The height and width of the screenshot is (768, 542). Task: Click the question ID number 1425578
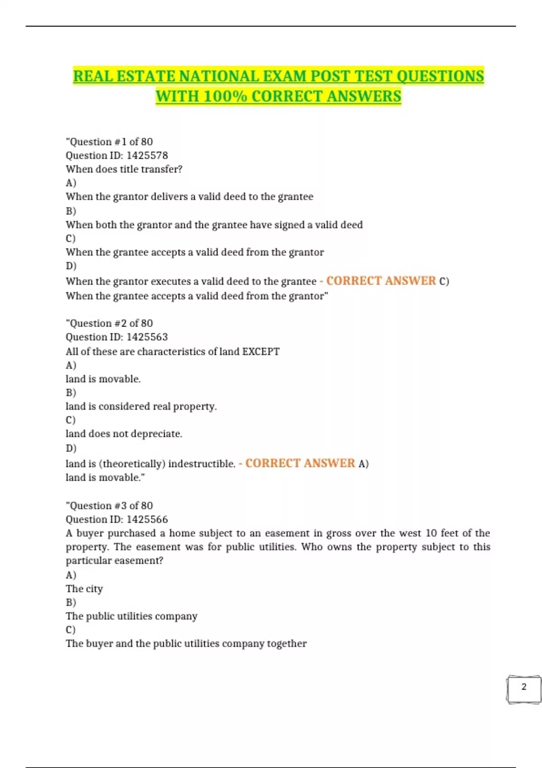(147, 155)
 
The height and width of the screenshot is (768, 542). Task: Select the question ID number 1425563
(147, 337)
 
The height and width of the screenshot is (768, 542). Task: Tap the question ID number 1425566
(147, 520)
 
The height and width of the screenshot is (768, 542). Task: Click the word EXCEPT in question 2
(261, 351)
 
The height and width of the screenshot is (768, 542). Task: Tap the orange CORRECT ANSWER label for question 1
(381, 281)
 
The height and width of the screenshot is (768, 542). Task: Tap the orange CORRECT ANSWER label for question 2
(300, 464)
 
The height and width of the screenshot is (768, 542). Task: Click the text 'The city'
(84, 589)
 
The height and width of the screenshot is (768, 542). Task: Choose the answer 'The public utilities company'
(131, 616)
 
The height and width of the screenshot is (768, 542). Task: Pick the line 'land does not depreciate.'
(124, 434)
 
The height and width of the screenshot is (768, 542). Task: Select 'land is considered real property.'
(141, 406)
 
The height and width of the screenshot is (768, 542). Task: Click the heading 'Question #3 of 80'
(109, 506)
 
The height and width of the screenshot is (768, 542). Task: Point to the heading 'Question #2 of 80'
(109, 323)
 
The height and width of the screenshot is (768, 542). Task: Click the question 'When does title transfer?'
(124, 169)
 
